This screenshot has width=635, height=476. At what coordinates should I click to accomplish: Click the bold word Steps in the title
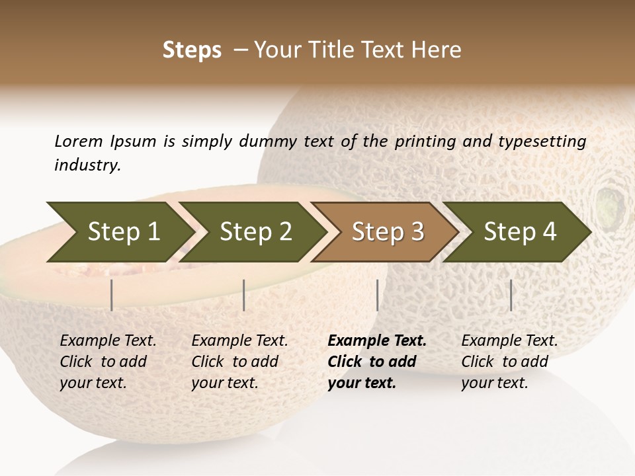click(x=192, y=50)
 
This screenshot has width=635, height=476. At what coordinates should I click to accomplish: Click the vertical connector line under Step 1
click(x=112, y=295)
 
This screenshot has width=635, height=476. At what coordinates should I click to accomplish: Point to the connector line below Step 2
click(x=244, y=295)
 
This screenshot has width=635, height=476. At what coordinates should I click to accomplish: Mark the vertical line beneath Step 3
click(x=377, y=295)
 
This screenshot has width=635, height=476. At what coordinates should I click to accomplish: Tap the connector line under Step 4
click(x=511, y=295)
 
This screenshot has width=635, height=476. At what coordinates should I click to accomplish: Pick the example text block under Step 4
click(x=509, y=362)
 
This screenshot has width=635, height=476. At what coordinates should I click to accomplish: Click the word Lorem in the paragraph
click(x=78, y=141)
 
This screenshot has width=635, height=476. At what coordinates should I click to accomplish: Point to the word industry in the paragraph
click(x=87, y=165)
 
